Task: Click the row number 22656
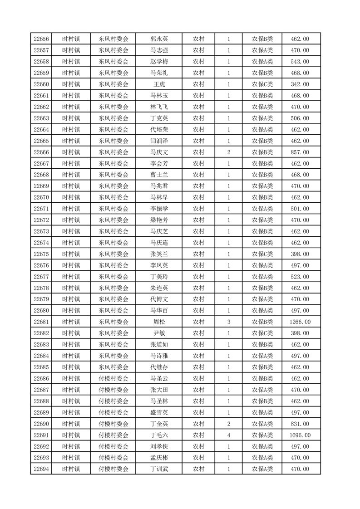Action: pos(41,39)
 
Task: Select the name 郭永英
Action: pos(159,39)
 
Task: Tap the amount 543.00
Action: pos(300,62)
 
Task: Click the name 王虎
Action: pos(159,84)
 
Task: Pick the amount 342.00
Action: pos(300,84)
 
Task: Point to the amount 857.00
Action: pos(300,152)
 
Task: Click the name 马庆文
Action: pos(159,152)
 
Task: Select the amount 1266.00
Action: pos(300,322)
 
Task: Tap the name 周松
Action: pos(159,322)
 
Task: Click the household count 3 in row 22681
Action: pos(228,322)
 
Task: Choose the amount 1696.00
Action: pos(300,435)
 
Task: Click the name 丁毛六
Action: pos(159,435)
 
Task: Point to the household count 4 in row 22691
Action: pos(228,435)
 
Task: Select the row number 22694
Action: pos(41,469)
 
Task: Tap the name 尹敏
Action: pos(159,333)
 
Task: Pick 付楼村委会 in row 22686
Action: pos(113,378)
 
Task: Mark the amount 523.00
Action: pos(300,277)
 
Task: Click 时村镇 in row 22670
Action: pos(71,197)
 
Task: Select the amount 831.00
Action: pos(300,424)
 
